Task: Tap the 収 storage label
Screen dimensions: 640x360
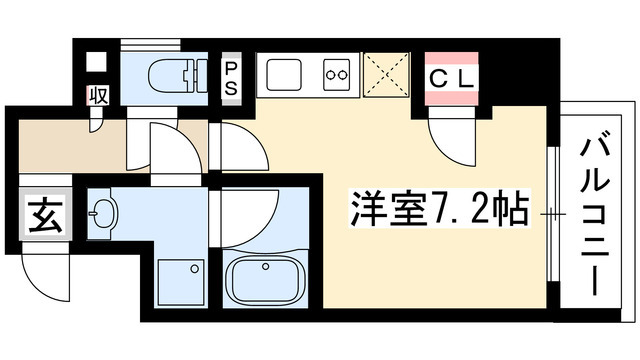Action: [x=98, y=95]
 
